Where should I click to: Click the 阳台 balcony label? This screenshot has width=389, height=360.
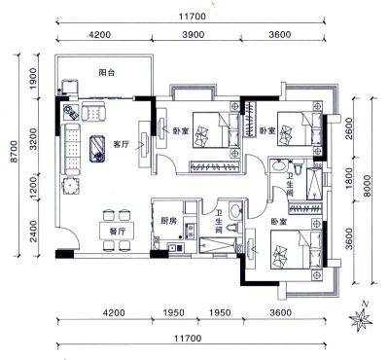click(107, 73)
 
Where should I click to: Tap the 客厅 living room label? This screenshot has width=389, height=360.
click(122, 144)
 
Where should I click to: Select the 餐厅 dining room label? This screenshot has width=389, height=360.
click(117, 232)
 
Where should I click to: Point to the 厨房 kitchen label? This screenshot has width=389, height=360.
click(169, 221)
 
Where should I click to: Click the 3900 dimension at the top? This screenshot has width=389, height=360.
click(194, 34)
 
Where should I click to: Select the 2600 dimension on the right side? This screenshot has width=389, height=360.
click(348, 128)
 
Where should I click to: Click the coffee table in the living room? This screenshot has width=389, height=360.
click(97, 148)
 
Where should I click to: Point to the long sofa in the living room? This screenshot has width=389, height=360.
click(72, 149)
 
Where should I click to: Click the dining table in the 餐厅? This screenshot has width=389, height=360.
click(117, 231)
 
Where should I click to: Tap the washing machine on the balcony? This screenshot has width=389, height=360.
click(69, 87)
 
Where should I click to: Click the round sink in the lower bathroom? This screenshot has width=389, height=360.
click(234, 210)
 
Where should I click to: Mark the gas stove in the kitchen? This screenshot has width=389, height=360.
click(191, 231)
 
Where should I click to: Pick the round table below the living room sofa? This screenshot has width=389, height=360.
click(71, 186)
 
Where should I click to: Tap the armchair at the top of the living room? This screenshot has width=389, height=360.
click(93, 112)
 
